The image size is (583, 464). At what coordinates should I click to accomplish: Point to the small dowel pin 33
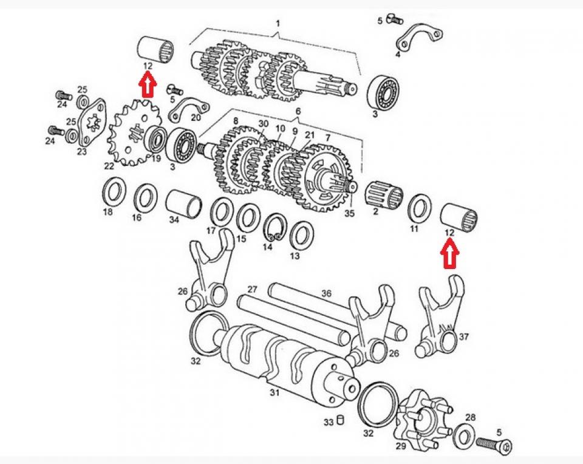341,418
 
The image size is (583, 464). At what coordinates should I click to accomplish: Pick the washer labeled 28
465,434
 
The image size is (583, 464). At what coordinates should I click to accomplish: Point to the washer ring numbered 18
112,191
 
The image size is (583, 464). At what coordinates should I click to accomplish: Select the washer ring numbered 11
418,208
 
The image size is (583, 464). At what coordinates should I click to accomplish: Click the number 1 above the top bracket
278,23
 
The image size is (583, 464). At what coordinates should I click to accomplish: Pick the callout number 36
327,293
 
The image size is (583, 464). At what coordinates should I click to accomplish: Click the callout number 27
253,289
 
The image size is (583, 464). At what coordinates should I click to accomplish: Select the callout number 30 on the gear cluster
262,123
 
